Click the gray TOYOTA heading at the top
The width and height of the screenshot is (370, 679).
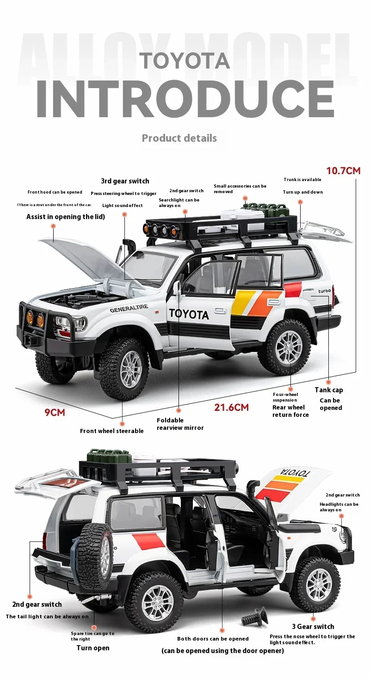[x=185, y=61]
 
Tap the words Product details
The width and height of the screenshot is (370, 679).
[x=179, y=138]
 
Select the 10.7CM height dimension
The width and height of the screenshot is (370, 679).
[x=343, y=170]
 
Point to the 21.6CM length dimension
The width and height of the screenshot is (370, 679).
[x=231, y=408]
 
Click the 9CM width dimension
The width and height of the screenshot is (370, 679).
[x=55, y=412]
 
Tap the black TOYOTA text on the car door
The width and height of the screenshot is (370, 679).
[x=189, y=314]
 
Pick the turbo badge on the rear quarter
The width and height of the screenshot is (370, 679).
[x=324, y=291]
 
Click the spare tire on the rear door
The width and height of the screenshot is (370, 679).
[x=96, y=556]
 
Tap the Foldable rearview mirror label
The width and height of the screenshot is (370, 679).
[x=180, y=424]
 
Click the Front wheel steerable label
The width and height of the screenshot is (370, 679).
[x=111, y=431]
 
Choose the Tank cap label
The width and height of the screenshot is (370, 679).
[x=329, y=390]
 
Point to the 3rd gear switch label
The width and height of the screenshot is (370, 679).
[x=125, y=181]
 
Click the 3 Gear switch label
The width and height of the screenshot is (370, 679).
[x=313, y=627]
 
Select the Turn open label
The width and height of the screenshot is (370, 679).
[x=93, y=648]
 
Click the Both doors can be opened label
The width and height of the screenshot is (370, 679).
[x=213, y=639]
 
